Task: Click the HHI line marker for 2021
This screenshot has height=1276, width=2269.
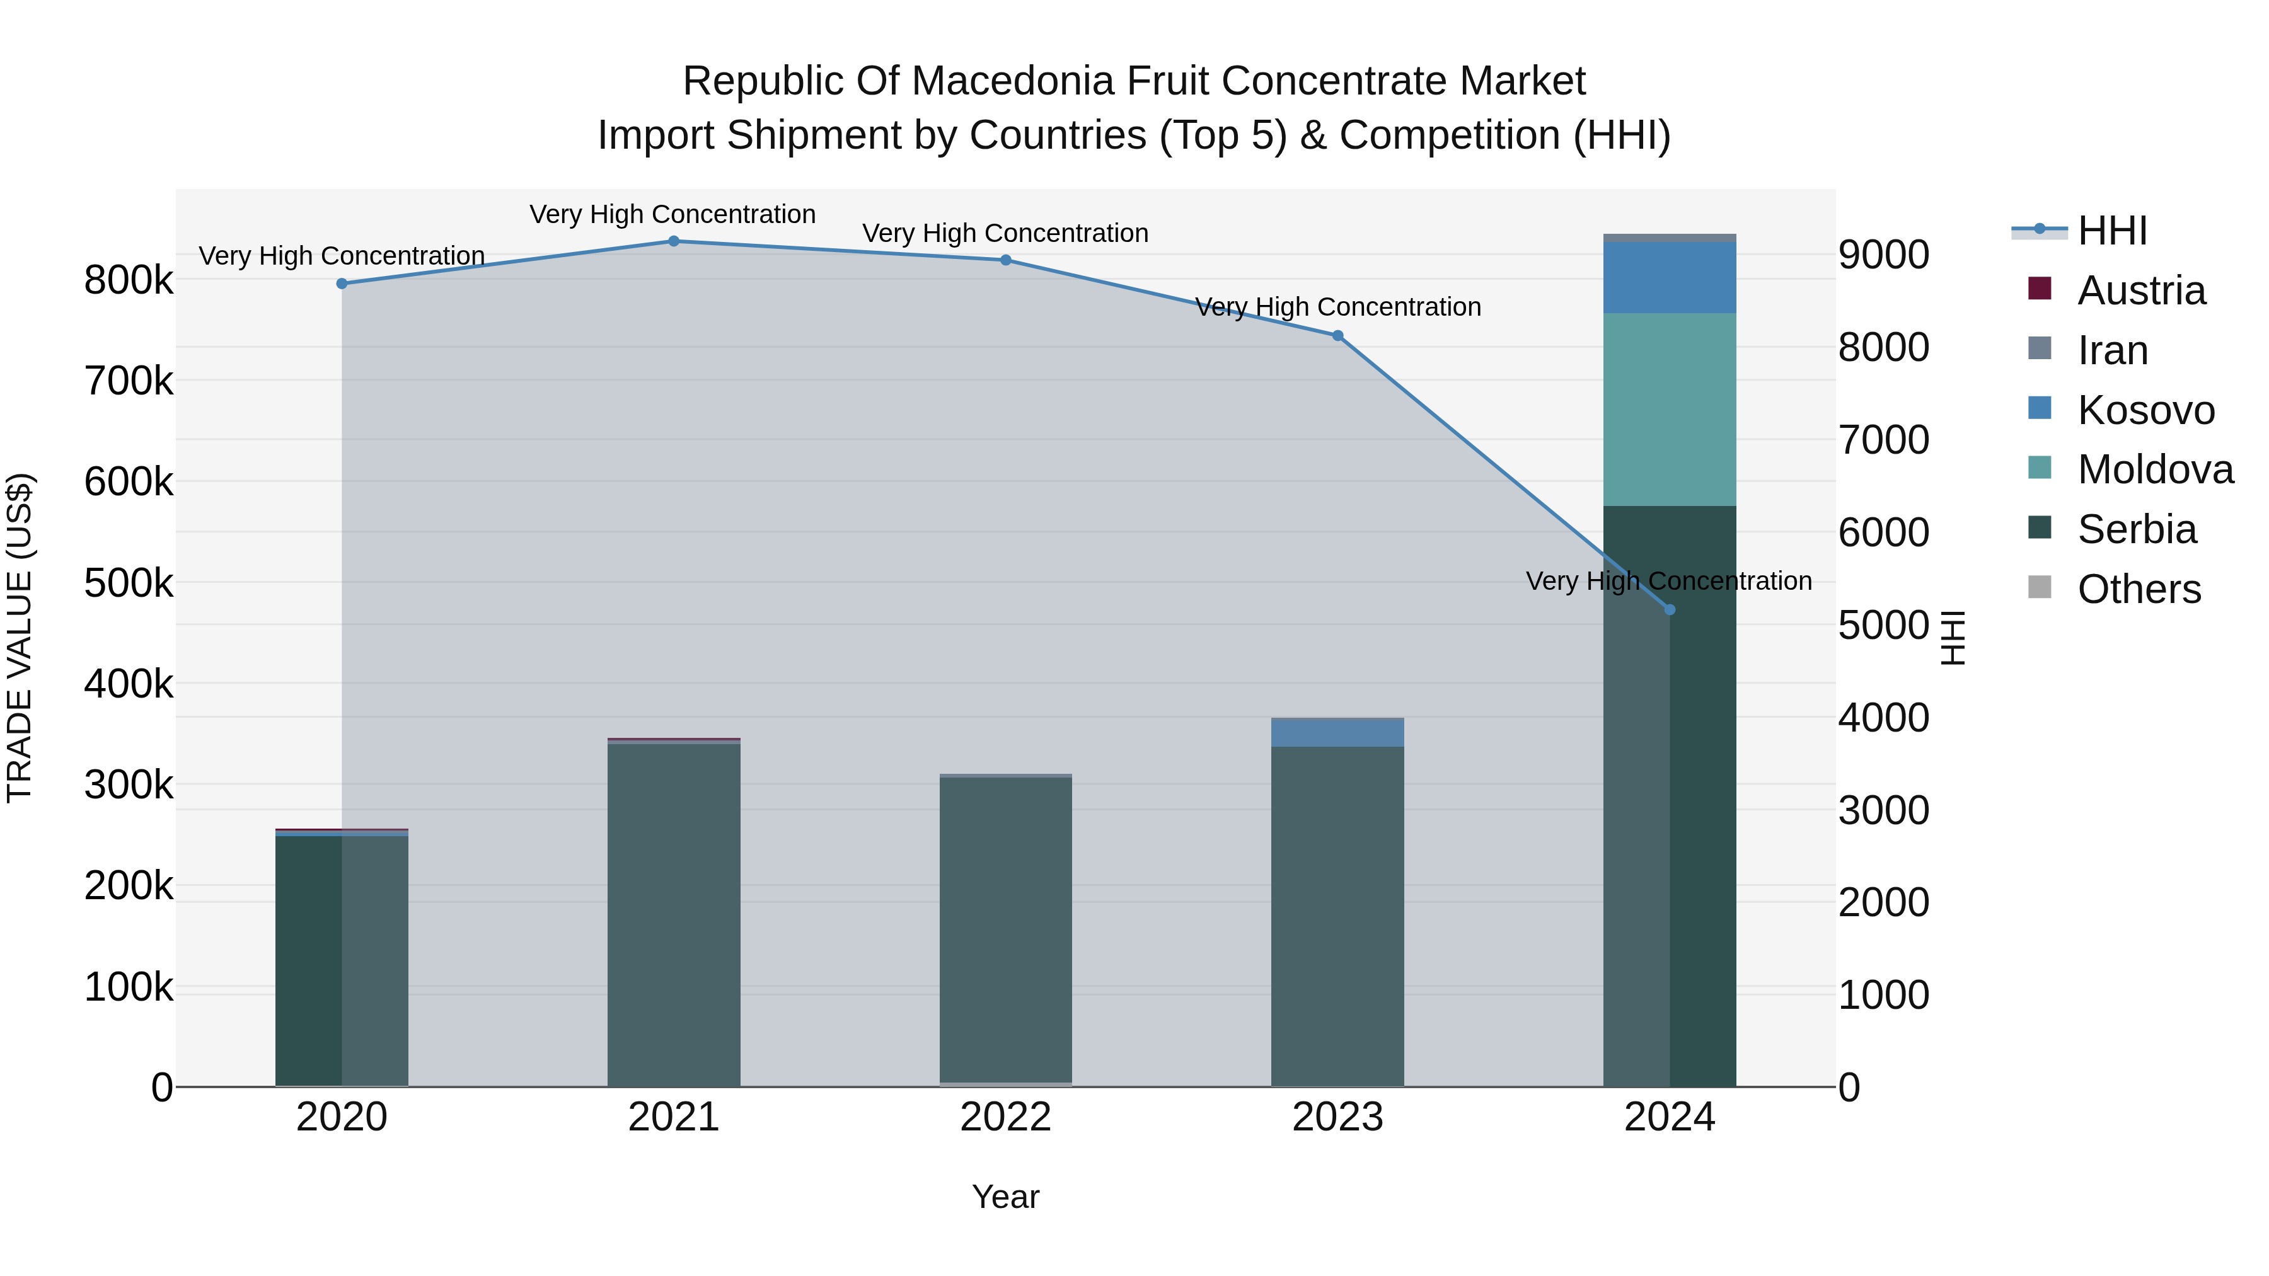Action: [674, 241]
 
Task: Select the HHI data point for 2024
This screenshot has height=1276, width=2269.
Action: [1669, 609]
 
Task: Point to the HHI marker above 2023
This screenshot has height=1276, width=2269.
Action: [1337, 335]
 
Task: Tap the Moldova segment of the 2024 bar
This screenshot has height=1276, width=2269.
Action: [1669, 410]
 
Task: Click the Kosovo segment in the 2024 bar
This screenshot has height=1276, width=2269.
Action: [1669, 277]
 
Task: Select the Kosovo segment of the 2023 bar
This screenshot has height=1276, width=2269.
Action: [1337, 733]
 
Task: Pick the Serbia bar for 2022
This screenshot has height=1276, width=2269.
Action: [1006, 929]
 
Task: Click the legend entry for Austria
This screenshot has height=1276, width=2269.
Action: [2140, 290]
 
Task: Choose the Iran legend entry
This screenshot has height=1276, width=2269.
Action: [2112, 350]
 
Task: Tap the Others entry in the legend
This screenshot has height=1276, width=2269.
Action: [2139, 589]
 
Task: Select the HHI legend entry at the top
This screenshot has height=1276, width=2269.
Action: [2111, 231]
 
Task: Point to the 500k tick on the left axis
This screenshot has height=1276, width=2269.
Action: [129, 583]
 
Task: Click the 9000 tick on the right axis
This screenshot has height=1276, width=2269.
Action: [1883, 255]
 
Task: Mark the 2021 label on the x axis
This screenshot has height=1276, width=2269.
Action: [674, 1117]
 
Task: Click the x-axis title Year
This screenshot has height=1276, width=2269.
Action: [1005, 1197]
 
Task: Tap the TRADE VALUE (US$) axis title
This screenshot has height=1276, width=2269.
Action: [20, 638]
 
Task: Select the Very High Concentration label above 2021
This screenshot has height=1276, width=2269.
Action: [673, 214]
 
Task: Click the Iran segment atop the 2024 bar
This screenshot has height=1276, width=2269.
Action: [1669, 238]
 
